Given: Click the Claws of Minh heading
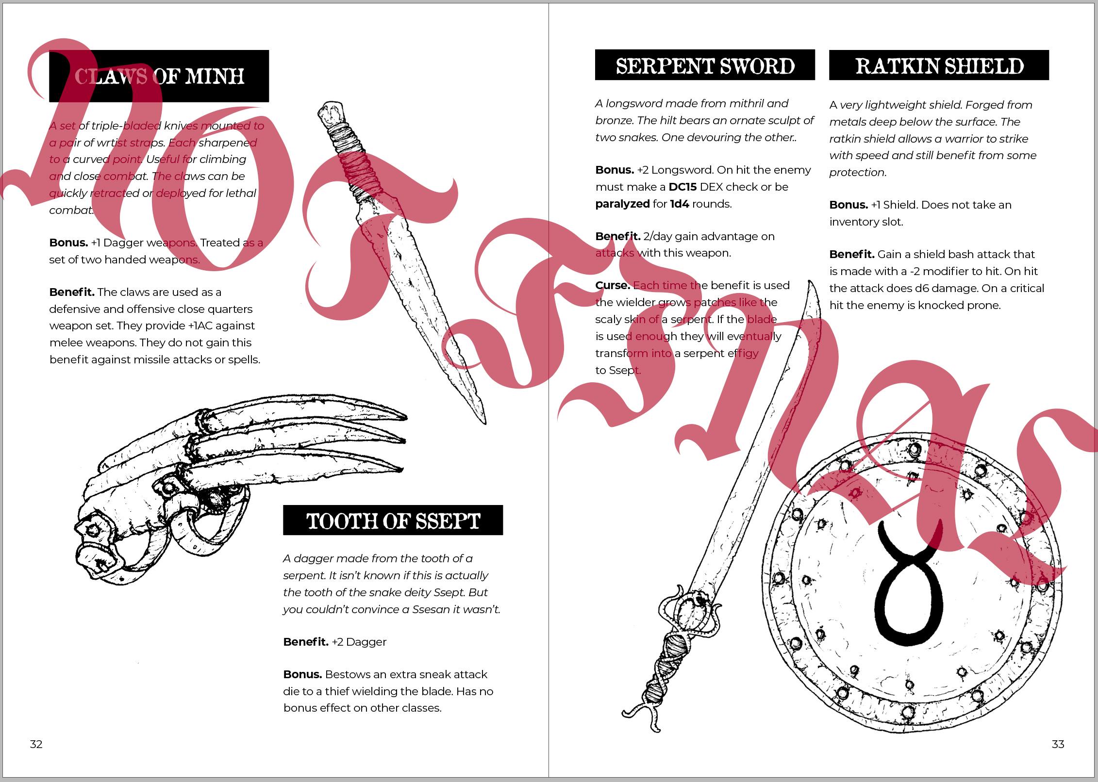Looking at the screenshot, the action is (159, 76).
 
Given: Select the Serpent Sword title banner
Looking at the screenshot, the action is (705, 65).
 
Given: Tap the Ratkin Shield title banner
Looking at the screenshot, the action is (939, 65).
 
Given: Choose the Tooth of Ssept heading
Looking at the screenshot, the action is (393, 521).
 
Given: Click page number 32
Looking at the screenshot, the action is (36, 744).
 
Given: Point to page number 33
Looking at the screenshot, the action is (1058, 744).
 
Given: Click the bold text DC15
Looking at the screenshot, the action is (682, 187).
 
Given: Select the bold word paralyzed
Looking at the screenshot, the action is (622, 204).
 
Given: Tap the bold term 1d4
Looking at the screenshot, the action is (680, 204).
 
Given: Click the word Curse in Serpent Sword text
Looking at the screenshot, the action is (613, 286).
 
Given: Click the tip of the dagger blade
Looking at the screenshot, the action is (483, 421).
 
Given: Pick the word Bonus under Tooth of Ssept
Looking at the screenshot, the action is (302, 675).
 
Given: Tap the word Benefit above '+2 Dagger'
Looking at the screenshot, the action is (306, 642).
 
